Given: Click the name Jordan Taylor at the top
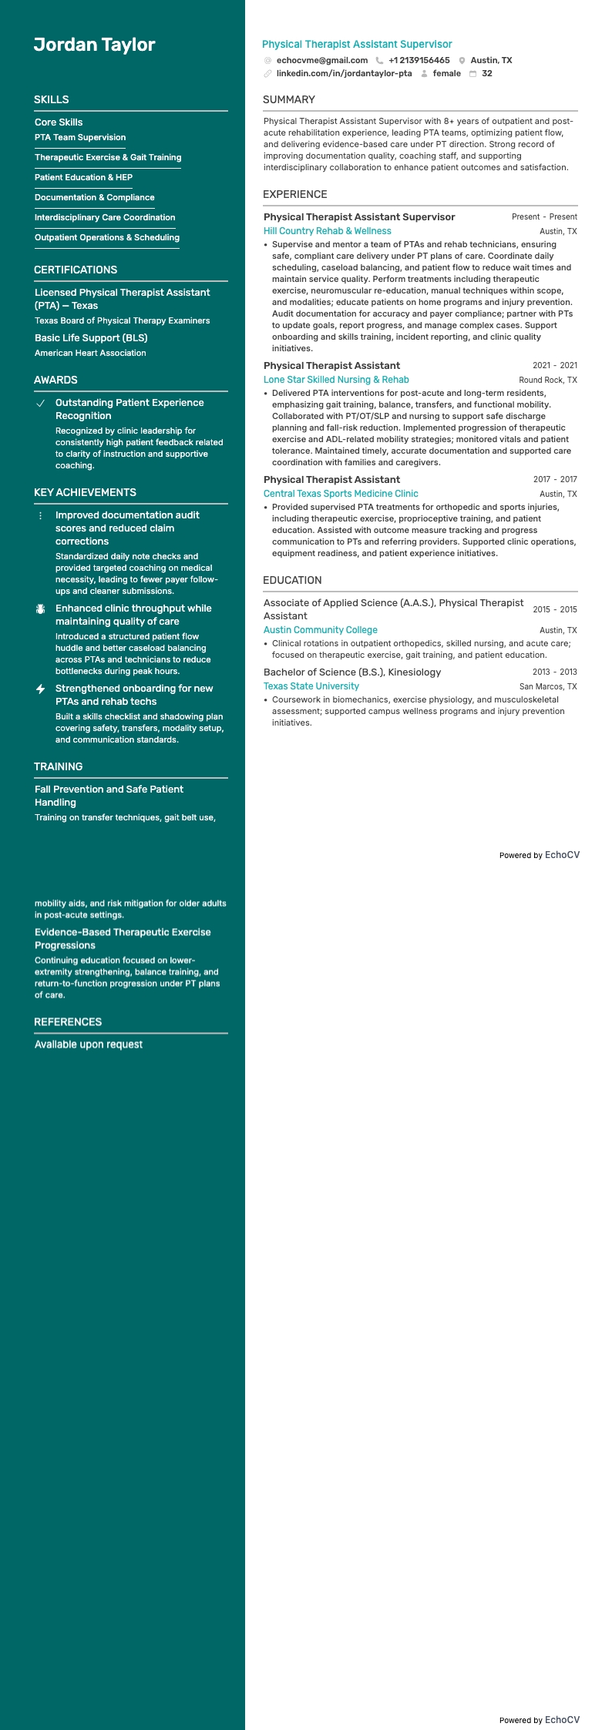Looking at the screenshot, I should tap(94, 45).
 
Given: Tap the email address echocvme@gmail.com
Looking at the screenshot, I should tap(321, 60).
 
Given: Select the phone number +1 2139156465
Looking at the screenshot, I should tap(419, 60).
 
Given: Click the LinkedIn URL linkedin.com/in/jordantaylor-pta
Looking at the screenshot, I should tap(344, 74).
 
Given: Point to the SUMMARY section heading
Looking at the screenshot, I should tap(288, 99).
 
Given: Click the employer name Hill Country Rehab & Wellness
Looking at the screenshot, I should tap(327, 231).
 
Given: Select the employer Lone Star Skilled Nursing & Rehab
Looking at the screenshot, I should tap(336, 380).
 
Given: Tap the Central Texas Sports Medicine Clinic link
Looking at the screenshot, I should tap(341, 494).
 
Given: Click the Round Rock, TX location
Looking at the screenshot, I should tap(547, 380).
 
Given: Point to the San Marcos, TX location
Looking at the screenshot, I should tap(547, 686).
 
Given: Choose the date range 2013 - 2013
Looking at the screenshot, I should tap(554, 672).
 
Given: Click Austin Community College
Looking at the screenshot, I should tap(320, 630).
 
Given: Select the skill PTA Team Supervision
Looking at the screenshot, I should tap(80, 137).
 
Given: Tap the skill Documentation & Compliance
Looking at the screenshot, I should tap(94, 197).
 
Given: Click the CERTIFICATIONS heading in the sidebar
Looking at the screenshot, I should tap(76, 270).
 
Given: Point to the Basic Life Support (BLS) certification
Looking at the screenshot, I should tap(91, 338).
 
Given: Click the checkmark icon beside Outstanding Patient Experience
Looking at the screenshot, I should tap(41, 404).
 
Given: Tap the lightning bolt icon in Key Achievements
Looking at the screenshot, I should tap(41, 689).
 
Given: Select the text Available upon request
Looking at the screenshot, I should tap(89, 1044).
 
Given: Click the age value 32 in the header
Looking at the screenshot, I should tap(486, 74).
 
